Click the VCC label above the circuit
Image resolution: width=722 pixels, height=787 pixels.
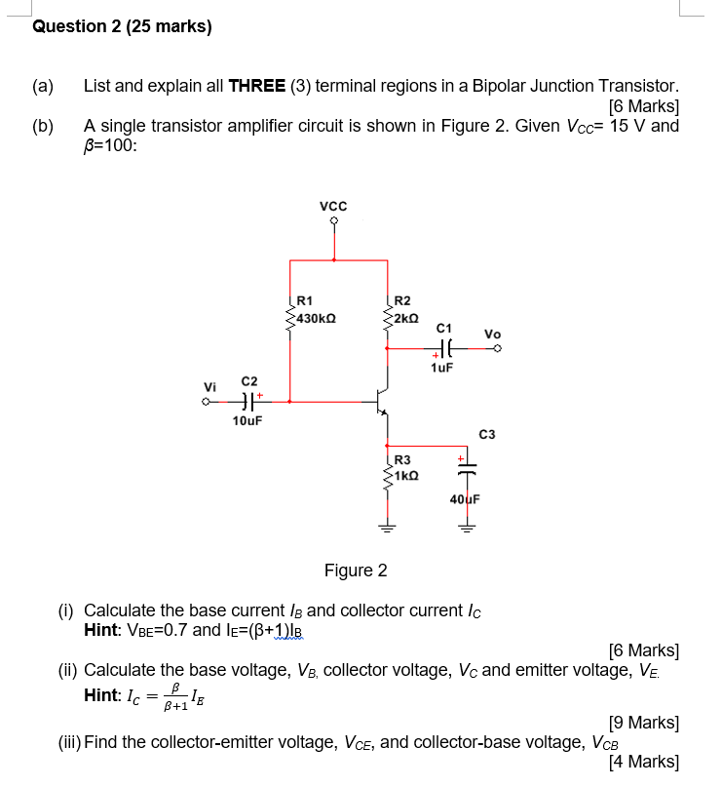[333, 207]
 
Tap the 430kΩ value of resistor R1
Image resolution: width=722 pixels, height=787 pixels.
[317, 318]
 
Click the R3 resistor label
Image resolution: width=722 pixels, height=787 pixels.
[402, 459]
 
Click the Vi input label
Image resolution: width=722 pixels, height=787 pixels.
[208, 385]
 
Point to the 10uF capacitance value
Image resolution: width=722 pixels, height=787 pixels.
[247, 420]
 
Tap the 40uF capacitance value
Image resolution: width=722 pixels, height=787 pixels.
[464, 498]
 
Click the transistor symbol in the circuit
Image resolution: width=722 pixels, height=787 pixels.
[383, 400]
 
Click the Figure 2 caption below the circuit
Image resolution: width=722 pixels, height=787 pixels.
[355, 570]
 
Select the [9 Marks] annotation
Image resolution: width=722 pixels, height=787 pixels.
[643, 723]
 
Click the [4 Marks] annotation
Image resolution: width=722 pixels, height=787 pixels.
[643, 763]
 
